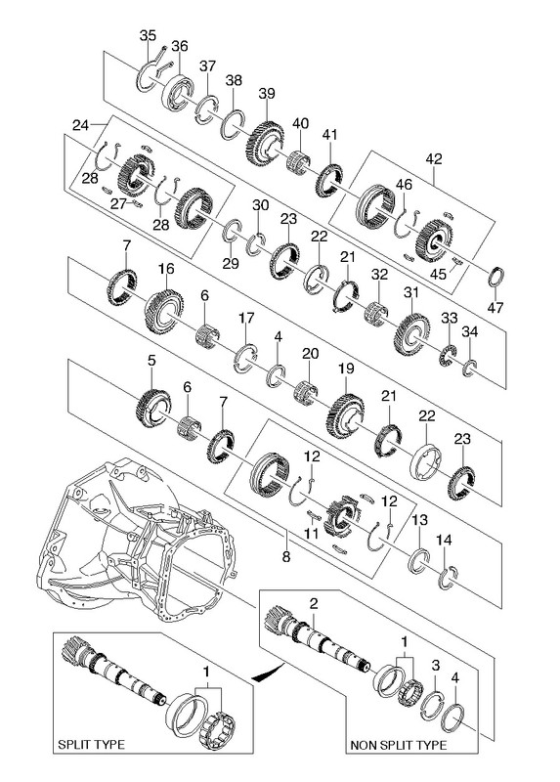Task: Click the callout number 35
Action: coord(148,36)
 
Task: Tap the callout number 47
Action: coord(495,308)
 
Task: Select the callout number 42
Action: coord(433,158)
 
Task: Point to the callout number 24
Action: coord(81,125)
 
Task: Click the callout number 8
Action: coord(285,556)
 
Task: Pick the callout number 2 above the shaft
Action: coord(313,604)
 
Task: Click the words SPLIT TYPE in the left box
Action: coord(91,745)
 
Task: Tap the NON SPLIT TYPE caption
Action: coord(399,746)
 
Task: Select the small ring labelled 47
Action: coord(495,278)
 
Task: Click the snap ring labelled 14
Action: coord(449,578)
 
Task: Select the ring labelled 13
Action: coord(419,561)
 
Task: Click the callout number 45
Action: coord(439,274)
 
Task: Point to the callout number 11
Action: coord(312,534)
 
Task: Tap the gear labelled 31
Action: coord(411,333)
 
